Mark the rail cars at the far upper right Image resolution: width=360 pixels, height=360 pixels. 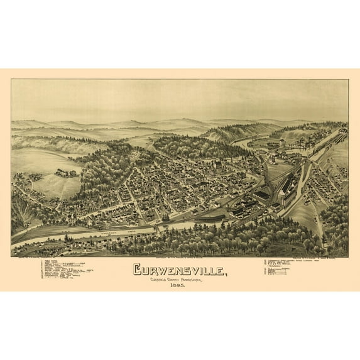click(342, 133)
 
